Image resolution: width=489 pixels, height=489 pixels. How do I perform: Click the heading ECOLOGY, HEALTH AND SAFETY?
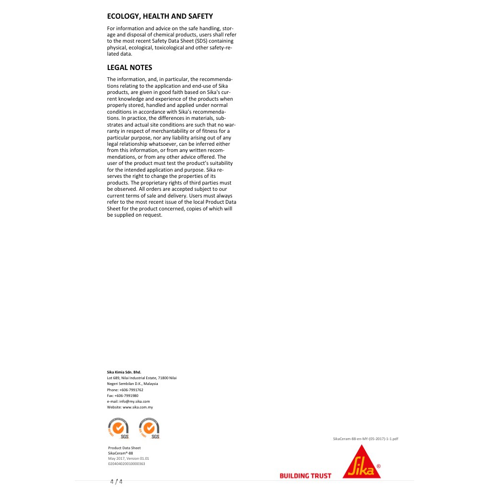click(x=160, y=16)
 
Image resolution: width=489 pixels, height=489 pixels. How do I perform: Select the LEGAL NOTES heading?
click(x=129, y=68)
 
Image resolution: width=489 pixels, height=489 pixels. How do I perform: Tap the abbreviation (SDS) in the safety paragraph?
click(x=200, y=41)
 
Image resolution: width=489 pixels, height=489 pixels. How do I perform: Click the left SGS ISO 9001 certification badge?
click(x=118, y=428)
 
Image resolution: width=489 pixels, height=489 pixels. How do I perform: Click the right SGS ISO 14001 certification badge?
click(x=149, y=428)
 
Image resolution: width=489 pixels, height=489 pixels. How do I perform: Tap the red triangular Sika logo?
click(x=361, y=462)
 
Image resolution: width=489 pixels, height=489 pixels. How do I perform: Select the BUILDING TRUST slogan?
click(x=305, y=476)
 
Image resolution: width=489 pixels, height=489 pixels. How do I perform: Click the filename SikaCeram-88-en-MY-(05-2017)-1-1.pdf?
click(x=366, y=439)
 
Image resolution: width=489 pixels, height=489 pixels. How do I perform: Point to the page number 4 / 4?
click(x=116, y=481)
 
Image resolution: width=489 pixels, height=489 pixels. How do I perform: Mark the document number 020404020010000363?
click(x=127, y=464)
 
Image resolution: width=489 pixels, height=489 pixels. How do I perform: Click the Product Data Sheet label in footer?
click(x=124, y=448)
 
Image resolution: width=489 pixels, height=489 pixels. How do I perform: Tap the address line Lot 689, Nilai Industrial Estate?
click(x=142, y=378)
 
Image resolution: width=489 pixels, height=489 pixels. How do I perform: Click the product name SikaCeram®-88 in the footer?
click(x=120, y=453)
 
